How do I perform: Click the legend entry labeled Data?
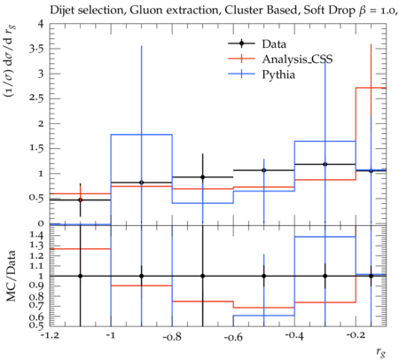274,44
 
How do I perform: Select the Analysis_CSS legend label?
297,59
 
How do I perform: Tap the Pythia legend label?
278,74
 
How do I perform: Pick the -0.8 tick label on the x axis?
172,337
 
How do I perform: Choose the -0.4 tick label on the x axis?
294,337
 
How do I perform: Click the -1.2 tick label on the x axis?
50,337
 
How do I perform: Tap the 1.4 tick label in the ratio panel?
37,236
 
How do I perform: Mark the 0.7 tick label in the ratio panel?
37,305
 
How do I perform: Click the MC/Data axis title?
12,276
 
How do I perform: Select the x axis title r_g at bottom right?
381,352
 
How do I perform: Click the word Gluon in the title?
144,11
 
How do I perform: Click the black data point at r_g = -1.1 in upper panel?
80,200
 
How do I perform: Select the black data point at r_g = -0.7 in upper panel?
203,177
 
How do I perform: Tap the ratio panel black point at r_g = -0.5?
264,276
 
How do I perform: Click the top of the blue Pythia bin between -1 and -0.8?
141,135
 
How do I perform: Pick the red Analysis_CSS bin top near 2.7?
371,88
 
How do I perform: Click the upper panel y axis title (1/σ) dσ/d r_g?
11,61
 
